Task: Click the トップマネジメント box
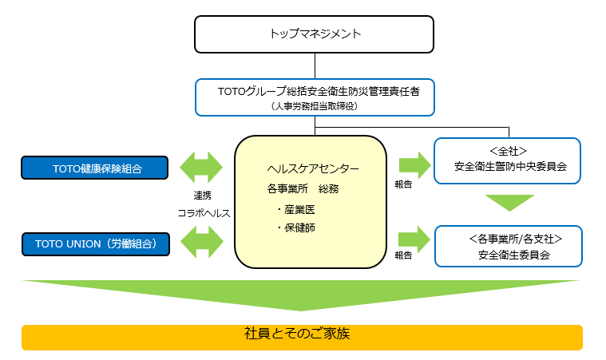tap(315, 34)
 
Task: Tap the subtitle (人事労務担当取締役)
tap(315, 105)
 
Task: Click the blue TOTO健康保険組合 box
tap(96, 168)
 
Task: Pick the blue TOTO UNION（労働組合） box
tap(96, 243)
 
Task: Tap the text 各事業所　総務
tap(303, 189)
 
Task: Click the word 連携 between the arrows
tap(203, 196)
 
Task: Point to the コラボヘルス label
tap(203, 214)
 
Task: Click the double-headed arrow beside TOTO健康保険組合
tap(203, 168)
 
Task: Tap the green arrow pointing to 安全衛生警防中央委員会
tap(414, 165)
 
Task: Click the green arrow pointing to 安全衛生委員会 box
tap(414, 238)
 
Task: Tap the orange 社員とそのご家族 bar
tap(303, 336)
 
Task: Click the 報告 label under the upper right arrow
tap(403, 184)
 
